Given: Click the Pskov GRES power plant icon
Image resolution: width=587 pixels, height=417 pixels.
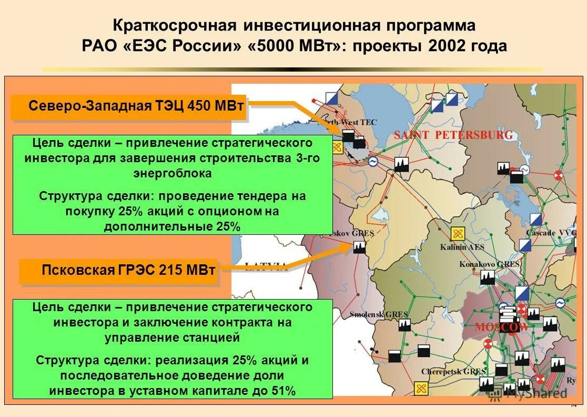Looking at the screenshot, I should [359, 246].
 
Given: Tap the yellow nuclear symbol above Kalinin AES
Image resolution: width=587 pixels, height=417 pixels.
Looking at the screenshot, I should [458, 234].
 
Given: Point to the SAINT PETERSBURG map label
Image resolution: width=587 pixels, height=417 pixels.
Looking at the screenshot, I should [453, 135].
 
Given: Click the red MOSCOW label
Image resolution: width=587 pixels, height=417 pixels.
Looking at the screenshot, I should [501, 327].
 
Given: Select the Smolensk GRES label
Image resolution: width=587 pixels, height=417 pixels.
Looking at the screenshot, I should [379, 314].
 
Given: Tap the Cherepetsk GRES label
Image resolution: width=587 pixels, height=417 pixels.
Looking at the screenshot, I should [453, 372].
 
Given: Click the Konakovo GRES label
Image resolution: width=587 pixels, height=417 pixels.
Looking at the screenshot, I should [490, 264].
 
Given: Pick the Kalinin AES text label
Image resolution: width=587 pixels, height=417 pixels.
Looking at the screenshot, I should [462, 247].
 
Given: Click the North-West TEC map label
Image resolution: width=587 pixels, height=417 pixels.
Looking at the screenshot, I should [355, 122].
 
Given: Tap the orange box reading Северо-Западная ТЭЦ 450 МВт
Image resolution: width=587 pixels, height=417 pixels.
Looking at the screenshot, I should [129, 106].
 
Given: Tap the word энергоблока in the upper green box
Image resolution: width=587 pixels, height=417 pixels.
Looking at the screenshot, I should [173, 173].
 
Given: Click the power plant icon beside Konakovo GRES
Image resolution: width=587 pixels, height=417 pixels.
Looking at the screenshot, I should [488, 277].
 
